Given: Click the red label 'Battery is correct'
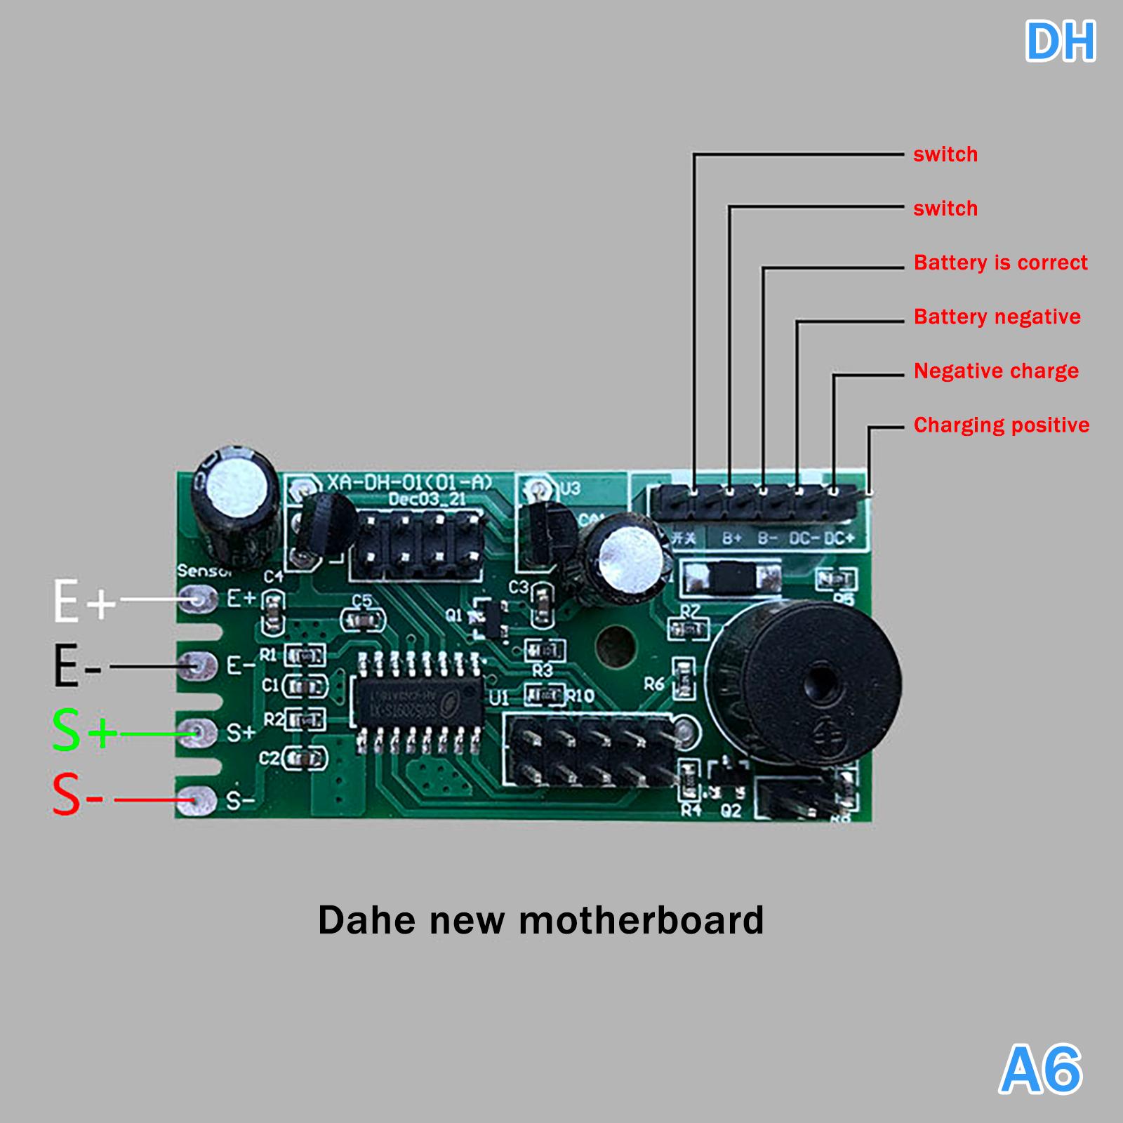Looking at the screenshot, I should pos(1000,263).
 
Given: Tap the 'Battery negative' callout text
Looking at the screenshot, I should pos(997,317).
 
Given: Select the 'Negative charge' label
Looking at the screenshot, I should pos(996,371).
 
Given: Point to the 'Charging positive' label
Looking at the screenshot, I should pos(1002,425).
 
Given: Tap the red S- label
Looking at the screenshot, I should pos(78,797).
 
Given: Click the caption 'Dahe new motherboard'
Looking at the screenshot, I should pos(540,919).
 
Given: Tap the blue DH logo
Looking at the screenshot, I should pos(1060,42).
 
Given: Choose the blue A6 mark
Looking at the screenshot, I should pos(1041,1070).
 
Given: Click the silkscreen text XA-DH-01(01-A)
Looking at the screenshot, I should pos(410,483).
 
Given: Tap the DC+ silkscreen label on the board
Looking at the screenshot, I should pos(839,538).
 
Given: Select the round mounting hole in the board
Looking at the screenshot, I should pos(615,646).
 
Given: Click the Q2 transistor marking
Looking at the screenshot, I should pos(731,811).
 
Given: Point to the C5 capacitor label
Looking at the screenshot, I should pos(362,601).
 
